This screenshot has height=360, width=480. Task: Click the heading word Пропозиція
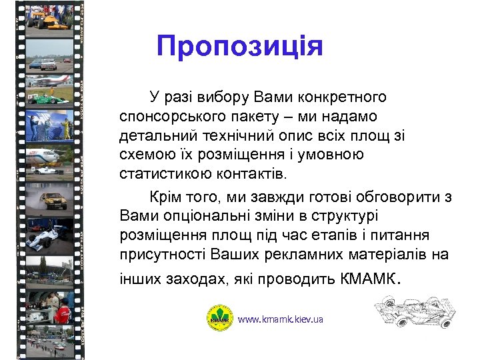239,47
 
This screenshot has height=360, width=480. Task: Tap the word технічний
226,136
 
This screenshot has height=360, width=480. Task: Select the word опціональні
193,217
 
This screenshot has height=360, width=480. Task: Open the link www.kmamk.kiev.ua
280,319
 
